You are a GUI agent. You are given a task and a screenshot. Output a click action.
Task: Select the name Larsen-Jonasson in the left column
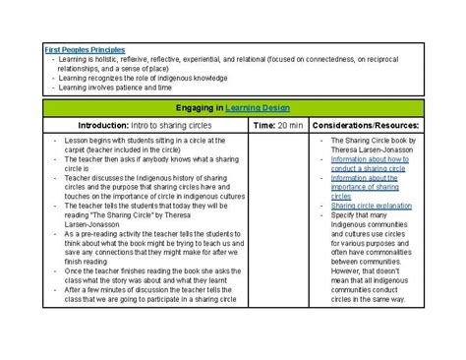click(101, 224)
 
